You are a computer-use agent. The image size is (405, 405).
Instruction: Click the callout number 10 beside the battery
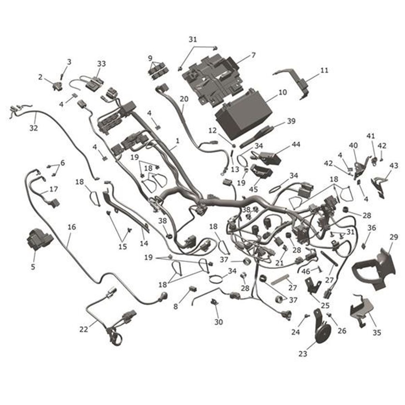coord(282,92)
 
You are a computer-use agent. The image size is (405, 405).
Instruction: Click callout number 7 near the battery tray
coord(253,55)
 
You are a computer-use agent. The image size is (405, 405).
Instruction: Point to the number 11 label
coord(324,71)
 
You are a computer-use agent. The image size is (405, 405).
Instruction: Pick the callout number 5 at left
coord(33,267)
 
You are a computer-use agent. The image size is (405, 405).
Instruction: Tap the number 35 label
coord(377,332)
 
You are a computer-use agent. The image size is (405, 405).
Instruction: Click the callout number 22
coord(83,329)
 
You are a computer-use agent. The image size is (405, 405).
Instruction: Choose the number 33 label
coord(101,63)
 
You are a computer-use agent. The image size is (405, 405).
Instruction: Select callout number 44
coord(296,145)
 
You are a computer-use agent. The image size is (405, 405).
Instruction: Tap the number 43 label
coord(394,166)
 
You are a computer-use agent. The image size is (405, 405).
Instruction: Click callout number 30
coord(218,322)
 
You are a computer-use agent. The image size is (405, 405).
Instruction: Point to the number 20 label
coord(184,99)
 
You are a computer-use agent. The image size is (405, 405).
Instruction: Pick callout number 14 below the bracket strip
coord(144,243)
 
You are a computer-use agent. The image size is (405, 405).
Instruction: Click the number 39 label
coord(291,121)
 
